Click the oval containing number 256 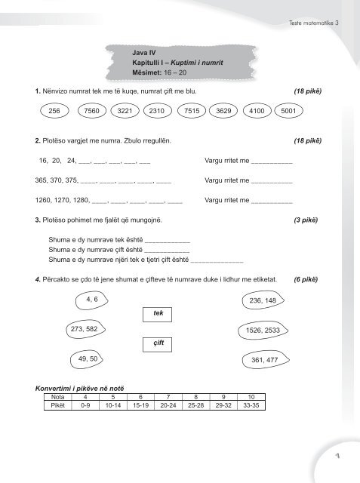click(54, 110)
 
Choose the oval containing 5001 click(288, 110)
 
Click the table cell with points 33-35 click(251, 405)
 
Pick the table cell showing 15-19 click(138, 405)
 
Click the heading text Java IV click(145, 54)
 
